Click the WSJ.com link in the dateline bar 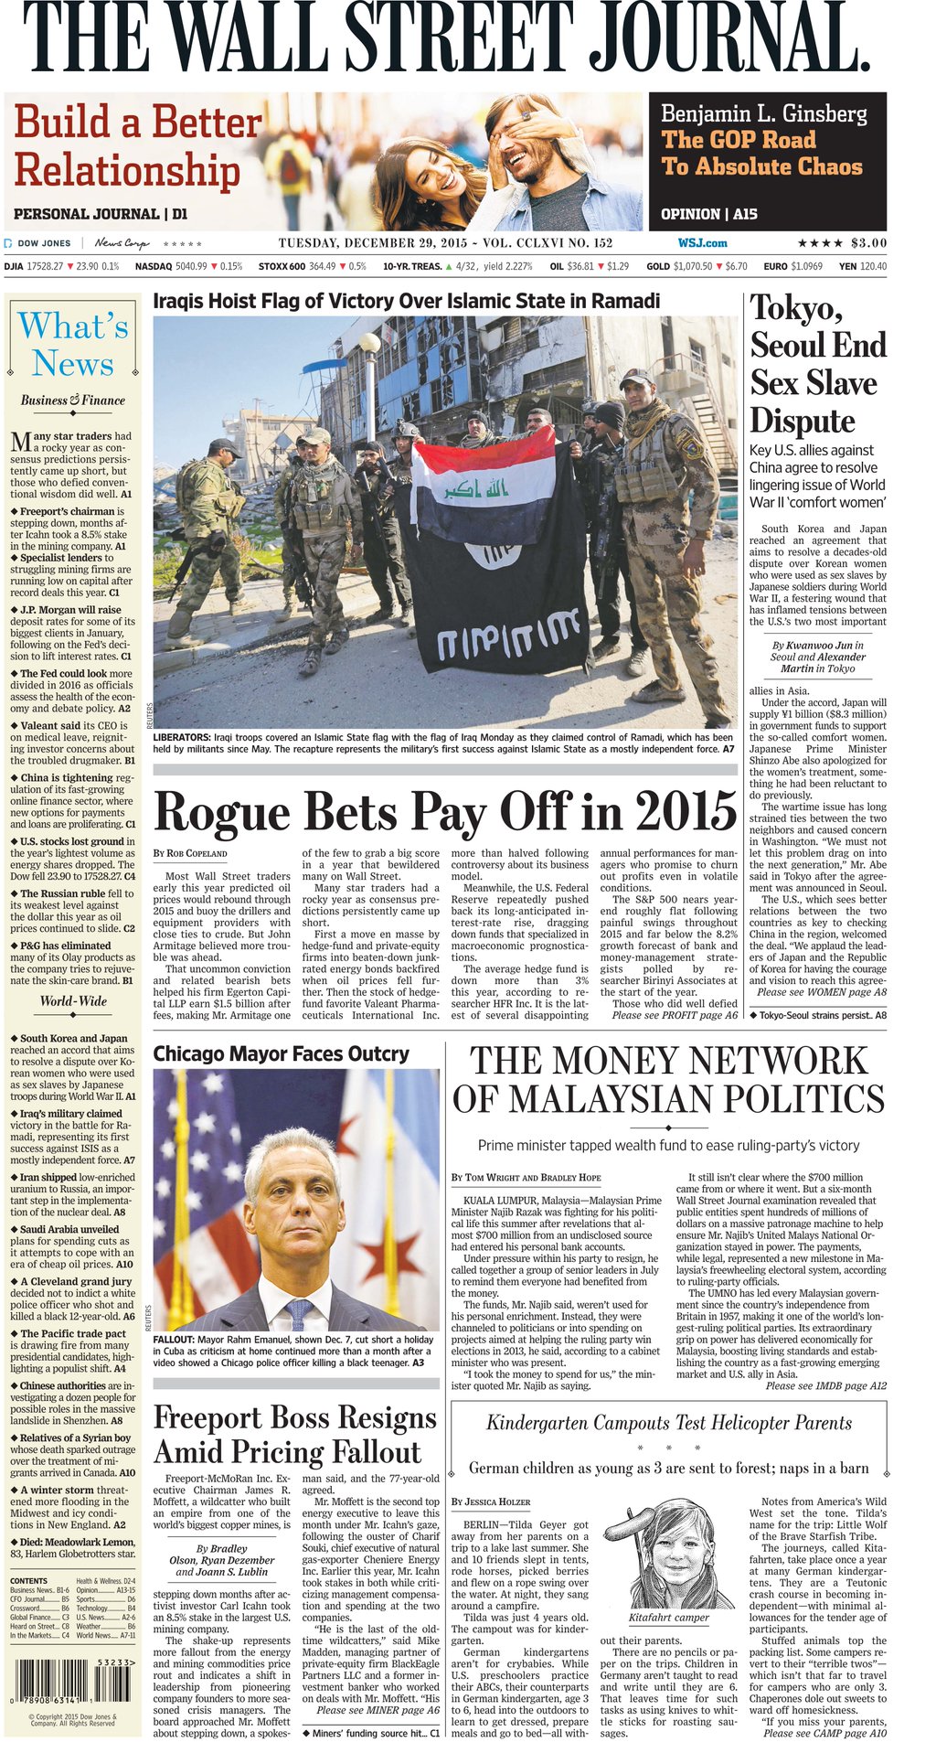pyautogui.click(x=702, y=242)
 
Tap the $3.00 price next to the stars pyautogui.click(x=868, y=242)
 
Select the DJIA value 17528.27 pyautogui.click(x=45, y=266)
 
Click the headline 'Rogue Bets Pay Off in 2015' pyautogui.click(x=445, y=809)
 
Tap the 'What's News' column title pyautogui.click(x=73, y=345)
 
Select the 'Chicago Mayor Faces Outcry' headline pyautogui.click(x=281, y=1053)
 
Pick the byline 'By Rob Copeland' pyautogui.click(x=190, y=853)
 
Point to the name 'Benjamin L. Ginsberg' pyautogui.click(x=763, y=113)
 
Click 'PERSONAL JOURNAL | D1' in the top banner pyautogui.click(x=101, y=214)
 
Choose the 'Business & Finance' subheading pyautogui.click(x=73, y=400)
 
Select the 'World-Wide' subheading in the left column pyautogui.click(x=73, y=1000)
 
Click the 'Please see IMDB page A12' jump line pyautogui.click(x=825, y=1385)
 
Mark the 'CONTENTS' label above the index pyautogui.click(x=28, y=1580)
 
